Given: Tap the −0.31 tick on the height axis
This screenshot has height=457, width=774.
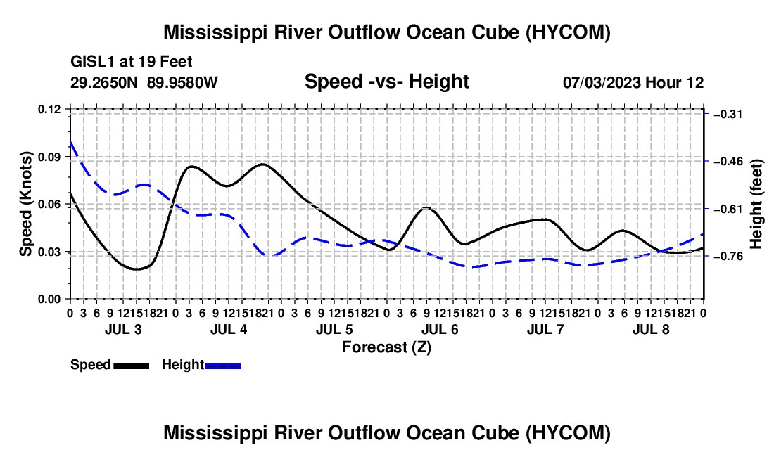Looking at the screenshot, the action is (x=728, y=115).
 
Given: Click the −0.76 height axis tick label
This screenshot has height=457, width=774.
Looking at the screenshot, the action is (x=728, y=257).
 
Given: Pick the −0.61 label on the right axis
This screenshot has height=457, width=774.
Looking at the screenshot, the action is (x=728, y=209).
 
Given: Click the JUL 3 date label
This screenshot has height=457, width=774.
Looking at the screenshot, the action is (x=123, y=329).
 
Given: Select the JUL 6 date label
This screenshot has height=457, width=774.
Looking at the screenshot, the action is (x=440, y=329).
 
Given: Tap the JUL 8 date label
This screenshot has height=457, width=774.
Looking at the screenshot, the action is (x=651, y=329).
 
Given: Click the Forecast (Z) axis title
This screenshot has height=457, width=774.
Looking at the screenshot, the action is (x=386, y=347).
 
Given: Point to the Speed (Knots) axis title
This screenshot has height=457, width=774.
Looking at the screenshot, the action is (x=26, y=204).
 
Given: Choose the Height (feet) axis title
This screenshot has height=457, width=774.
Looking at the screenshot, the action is (x=756, y=204).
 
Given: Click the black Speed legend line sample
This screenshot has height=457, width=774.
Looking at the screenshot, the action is (x=132, y=366).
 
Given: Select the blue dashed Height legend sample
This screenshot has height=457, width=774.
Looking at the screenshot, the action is (x=222, y=366).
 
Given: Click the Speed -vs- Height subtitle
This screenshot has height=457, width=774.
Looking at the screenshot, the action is (x=386, y=82).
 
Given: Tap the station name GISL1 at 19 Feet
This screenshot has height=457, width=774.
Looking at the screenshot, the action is (x=132, y=62).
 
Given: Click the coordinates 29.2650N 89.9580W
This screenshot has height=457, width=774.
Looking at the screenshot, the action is (x=144, y=82).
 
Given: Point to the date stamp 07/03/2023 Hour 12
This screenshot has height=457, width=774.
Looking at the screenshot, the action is (x=633, y=82).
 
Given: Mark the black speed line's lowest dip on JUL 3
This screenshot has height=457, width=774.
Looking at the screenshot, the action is (x=137, y=269).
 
